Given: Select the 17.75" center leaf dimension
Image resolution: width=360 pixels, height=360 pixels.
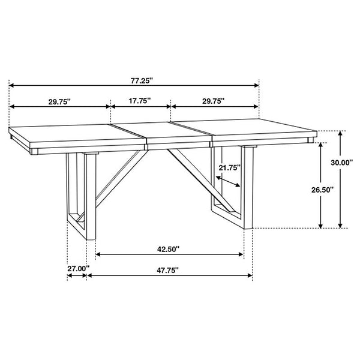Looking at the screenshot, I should point(139,101).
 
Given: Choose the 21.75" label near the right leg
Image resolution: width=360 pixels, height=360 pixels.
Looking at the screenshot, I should point(229,167).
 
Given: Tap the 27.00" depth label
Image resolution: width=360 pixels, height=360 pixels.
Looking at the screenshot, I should point(78,268).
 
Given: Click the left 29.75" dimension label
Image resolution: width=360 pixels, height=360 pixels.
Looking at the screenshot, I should point(59,101).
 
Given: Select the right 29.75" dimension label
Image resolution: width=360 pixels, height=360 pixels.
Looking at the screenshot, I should point(213,101).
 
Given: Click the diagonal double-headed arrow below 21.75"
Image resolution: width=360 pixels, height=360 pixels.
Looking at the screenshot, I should point(229,181).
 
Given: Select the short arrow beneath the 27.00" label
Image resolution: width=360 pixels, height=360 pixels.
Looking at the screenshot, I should point(77,276).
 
